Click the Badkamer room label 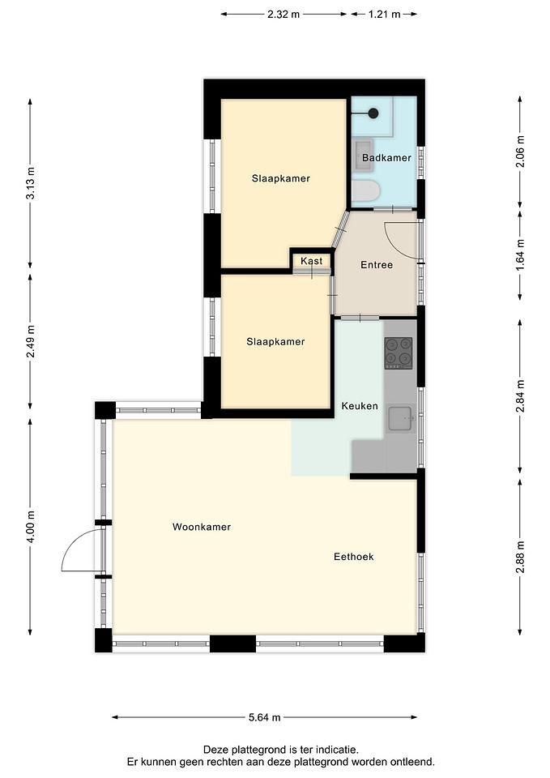386,158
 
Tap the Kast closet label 312,261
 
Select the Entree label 377,265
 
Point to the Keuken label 360,406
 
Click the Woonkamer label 202,527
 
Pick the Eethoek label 354,557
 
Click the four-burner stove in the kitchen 399,353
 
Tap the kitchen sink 400,419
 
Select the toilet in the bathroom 365,192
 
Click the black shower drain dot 373,113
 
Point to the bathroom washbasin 363,155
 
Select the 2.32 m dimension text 284,15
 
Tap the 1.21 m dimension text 385,15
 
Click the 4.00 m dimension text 31,527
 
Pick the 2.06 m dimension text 520,151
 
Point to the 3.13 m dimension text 31,183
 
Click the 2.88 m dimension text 520,557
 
